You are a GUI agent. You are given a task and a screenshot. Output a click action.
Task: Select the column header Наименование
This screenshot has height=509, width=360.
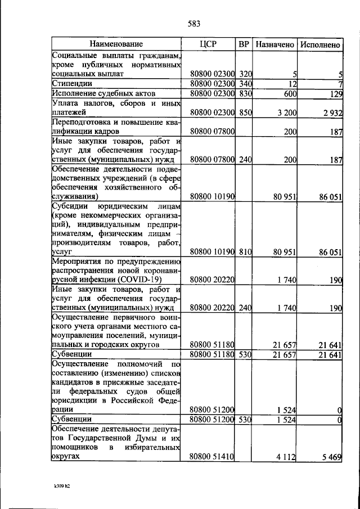(116, 44)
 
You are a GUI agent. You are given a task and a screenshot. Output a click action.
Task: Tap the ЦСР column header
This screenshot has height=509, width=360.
(208, 44)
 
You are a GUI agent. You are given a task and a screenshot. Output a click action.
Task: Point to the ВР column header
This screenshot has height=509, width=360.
(244, 44)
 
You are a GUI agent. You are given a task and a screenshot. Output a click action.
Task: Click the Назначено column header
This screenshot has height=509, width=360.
(274, 44)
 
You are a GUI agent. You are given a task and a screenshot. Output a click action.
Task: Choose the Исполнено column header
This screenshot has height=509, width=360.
(320, 44)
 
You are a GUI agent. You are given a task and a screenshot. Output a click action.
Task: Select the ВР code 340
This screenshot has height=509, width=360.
(245, 84)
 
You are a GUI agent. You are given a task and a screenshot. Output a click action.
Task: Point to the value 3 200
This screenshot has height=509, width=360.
(286, 113)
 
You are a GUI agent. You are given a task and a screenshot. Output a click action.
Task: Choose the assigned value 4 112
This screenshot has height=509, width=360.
(286, 457)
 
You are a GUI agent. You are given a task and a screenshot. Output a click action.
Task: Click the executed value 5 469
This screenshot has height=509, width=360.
(332, 457)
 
